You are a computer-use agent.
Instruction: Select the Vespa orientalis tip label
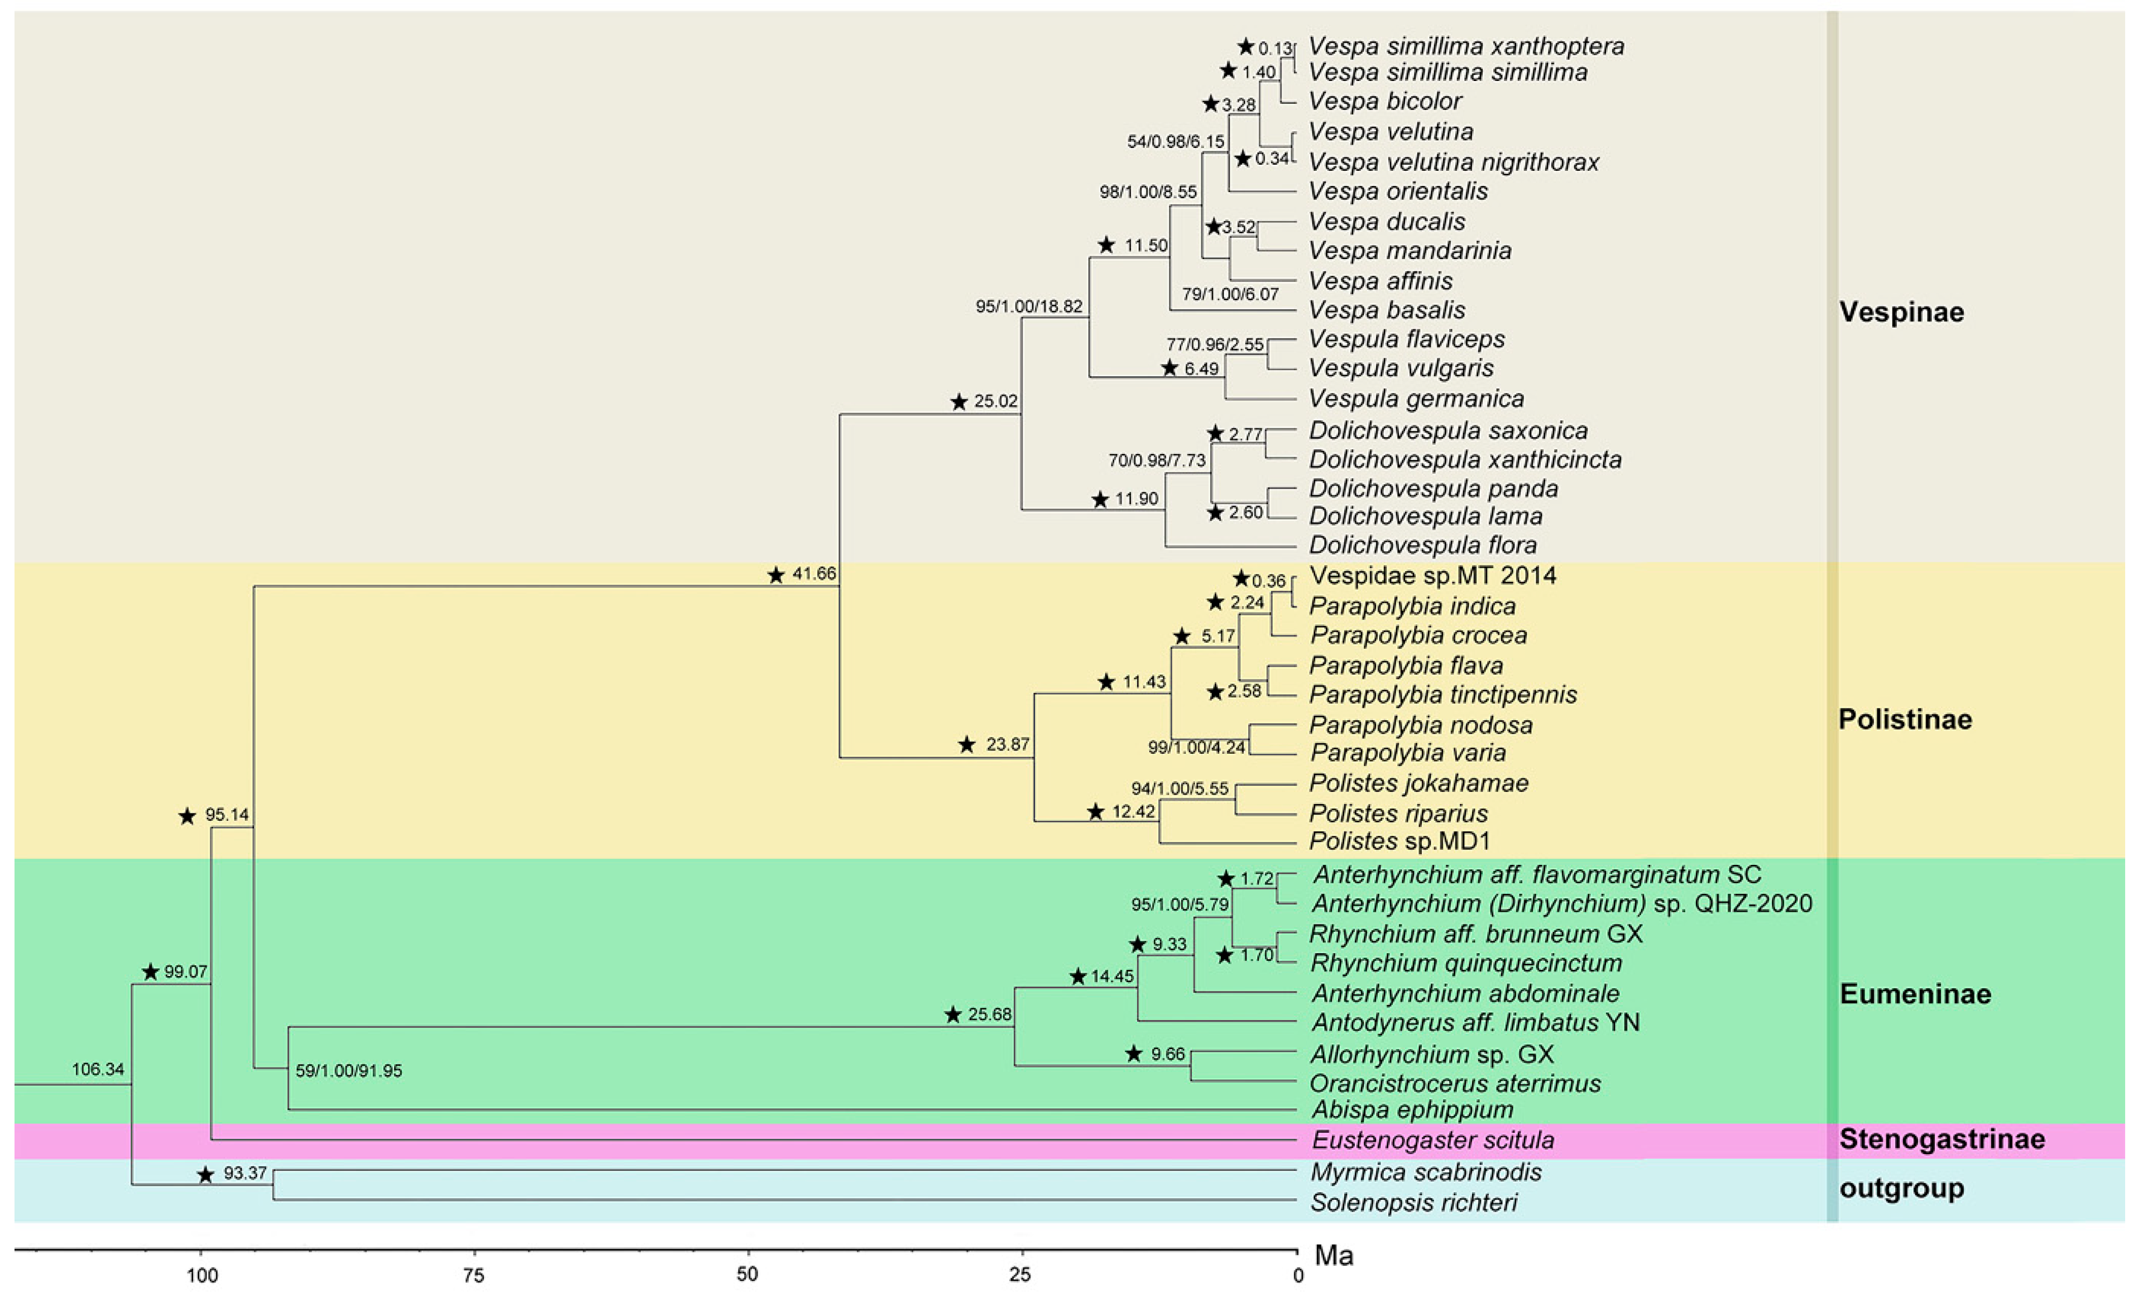click(1397, 191)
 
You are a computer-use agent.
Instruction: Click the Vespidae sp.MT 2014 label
click(1432, 575)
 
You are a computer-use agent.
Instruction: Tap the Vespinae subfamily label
click(1901, 312)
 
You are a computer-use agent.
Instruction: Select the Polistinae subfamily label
click(1905, 719)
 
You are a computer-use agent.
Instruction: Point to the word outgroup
click(1901, 1188)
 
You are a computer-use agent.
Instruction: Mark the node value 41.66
click(814, 573)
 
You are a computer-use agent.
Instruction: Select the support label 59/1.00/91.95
click(349, 1071)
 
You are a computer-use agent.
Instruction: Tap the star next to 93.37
click(205, 1175)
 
